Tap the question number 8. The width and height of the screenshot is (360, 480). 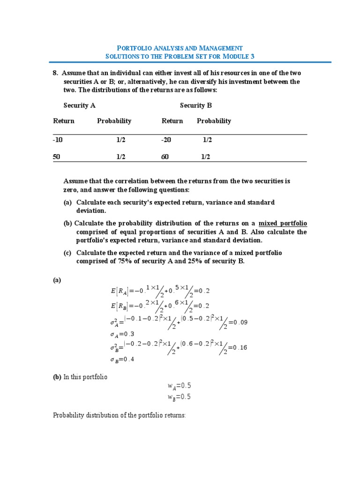[55, 73]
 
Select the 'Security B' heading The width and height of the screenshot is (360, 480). [196, 105]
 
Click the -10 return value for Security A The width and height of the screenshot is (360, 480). [58, 140]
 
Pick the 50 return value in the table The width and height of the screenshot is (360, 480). [57, 157]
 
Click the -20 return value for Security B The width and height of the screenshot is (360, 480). [166, 140]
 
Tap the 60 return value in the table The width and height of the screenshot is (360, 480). [165, 157]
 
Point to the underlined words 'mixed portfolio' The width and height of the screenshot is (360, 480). [283, 223]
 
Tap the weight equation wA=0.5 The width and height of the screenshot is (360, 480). [180, 386]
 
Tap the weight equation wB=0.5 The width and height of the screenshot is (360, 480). [180, 397]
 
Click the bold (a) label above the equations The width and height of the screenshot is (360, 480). [57, 280]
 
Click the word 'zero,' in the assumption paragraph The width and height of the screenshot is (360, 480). [71, 190]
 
